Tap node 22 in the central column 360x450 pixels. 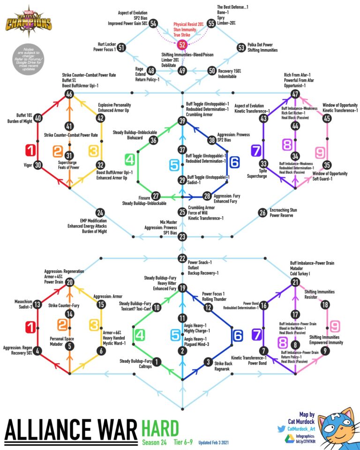coord(182,258)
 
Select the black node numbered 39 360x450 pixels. coord(182,120)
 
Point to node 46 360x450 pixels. coord(70,94)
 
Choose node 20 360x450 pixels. coord(70,282)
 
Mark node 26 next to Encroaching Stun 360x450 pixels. coord(262,212)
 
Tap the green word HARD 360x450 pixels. coord(160,427)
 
